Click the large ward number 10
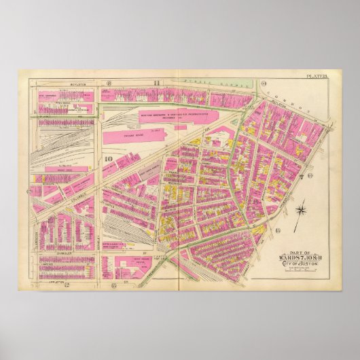click(x=108, y=160)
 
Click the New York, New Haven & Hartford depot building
click(x=173, y=115)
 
